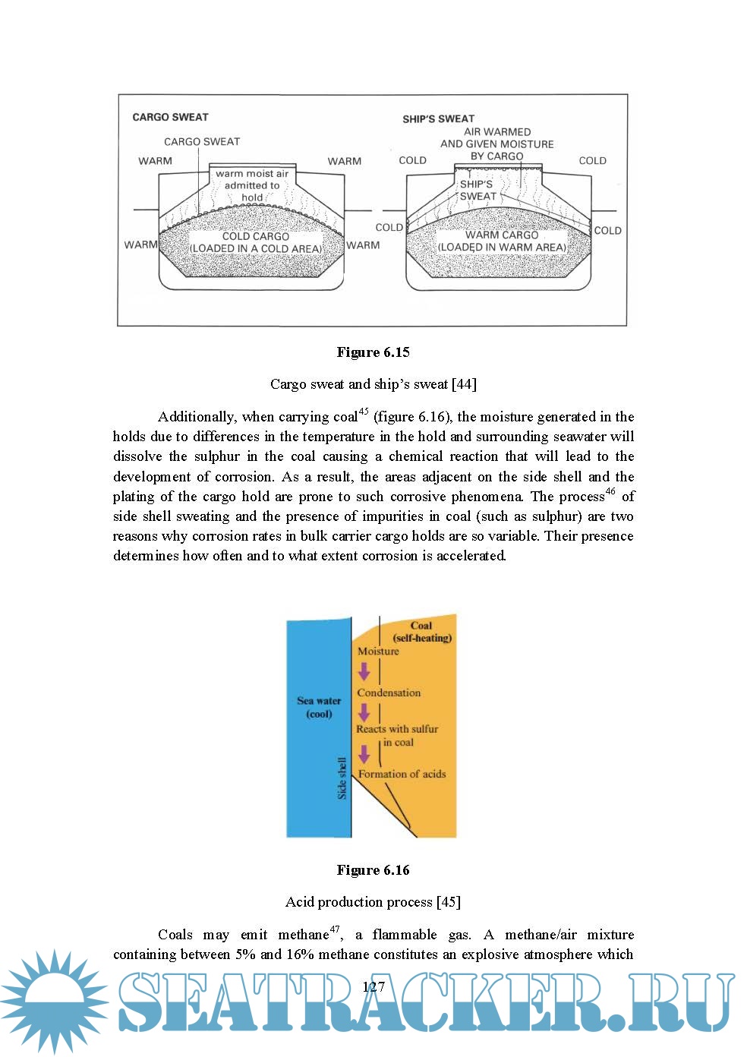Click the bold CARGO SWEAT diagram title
[x=170, y=117]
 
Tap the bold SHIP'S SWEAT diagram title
[x=438, y=118]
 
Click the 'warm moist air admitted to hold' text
[x=252, y=185]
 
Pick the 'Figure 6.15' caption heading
[x=373, y=352]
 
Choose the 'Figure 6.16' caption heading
[x=373, y=870]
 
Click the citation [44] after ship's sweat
[x=464, y=384]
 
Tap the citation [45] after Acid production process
[x=448, y=902]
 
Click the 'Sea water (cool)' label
[x=319, y=707]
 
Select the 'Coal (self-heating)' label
[x=421, y=632]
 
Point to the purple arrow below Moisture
[x=364, y=671]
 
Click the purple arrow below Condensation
[x=364, y=712]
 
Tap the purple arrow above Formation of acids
[x=364, y=754]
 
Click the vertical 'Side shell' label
[x=342, y=778]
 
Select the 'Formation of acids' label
[x=402, y=774]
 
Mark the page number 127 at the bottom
[x=373, y=987]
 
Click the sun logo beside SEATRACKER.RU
[x=53, y=1002]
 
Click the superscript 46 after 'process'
[x=611, y=492]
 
